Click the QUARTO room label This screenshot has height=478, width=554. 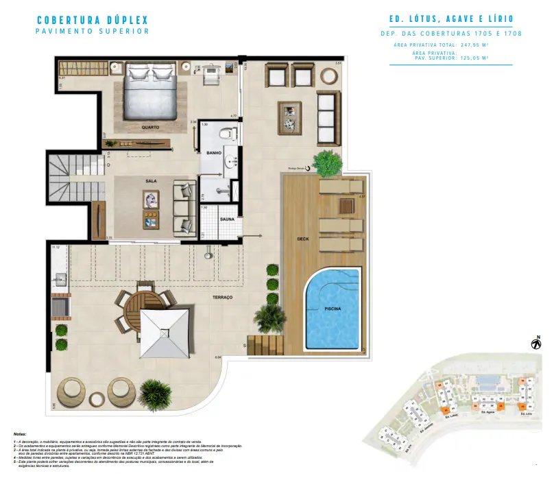tap(151, 128)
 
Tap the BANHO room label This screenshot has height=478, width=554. tap(213, 153)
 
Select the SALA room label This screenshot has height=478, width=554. tap(151, 180)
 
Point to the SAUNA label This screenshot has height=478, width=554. tap(228, 219)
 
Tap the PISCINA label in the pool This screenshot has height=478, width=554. tap(333, 309)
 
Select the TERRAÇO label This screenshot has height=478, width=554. tap(222, 297)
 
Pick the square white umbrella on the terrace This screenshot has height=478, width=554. tap(165, 332)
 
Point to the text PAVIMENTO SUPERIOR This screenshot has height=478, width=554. tap(92, 32)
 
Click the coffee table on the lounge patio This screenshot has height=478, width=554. tap(289, 117)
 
